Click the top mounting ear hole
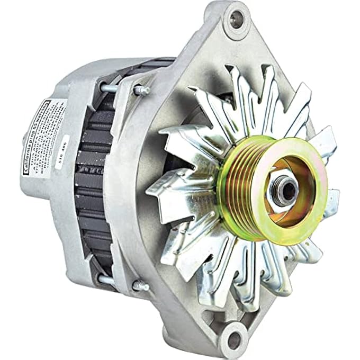235,20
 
